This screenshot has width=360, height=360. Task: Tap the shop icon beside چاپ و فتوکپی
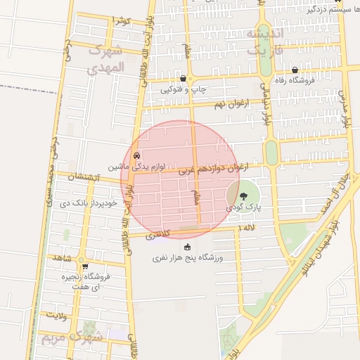click(183, 79)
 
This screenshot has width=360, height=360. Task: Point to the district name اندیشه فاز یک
click(265, 42)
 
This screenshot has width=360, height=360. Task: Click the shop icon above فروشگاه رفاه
click(295, 70)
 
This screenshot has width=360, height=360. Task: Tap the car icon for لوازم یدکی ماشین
click(136, 155)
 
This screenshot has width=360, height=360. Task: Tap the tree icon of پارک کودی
click(243, 195)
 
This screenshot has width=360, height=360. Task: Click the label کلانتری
click(159, 236)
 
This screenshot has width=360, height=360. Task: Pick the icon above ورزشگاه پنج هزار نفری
click(187, 247)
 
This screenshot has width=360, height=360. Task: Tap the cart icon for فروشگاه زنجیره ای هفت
click(85, 266)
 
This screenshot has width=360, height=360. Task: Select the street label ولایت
click(56, 315)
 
